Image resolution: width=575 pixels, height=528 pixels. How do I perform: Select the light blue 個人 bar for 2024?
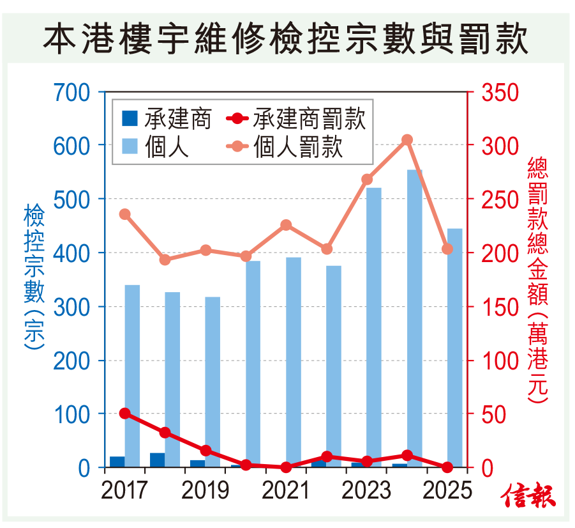(415, 320)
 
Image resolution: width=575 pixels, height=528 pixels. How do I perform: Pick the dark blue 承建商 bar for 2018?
(157, 460)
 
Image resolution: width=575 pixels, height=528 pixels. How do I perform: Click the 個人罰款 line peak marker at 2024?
(407, 140)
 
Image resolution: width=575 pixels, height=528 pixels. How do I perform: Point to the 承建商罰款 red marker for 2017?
(125, 414)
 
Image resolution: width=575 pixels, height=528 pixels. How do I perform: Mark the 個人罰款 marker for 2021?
(286, 225)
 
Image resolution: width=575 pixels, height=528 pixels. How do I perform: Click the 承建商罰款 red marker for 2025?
(447, 467)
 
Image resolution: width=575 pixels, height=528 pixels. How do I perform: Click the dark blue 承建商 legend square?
(130, 119)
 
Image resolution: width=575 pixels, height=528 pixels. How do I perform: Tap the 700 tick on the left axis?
(73, 93)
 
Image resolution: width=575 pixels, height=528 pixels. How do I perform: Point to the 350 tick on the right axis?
(500, 93)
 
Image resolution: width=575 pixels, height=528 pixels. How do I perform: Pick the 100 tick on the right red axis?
(500, 361)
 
